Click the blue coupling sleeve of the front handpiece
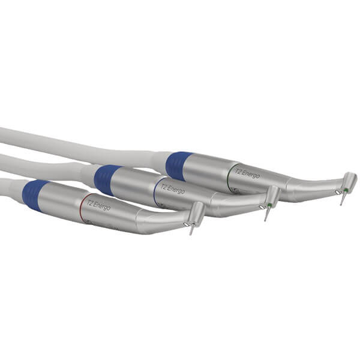35,194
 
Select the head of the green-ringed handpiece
348,181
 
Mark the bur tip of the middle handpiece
265,218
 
